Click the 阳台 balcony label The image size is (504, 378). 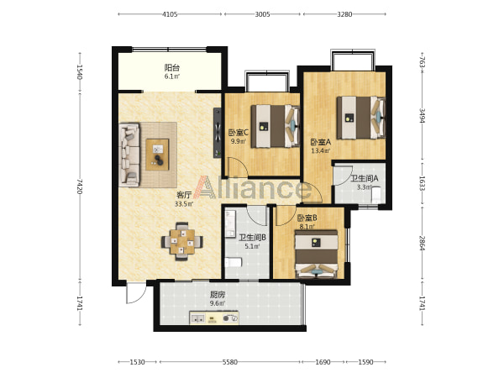click(172, 67)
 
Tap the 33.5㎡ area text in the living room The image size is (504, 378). click(184, 204)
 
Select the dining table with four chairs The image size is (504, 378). click(182, 241)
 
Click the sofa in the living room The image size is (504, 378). click(129, 155)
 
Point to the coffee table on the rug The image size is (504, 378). click(157, 155)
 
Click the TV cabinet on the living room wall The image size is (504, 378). click(218, 133)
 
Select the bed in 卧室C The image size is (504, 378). click(276, 126)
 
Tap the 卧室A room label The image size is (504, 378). click(321, 142)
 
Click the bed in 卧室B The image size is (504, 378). click(317, 254)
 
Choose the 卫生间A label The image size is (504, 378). click(364, 178)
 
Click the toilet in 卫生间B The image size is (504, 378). click(234, 262)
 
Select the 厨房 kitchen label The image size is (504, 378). click(218, 295)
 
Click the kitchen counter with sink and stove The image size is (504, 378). click(213, 318)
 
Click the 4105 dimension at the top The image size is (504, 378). click(170, 14)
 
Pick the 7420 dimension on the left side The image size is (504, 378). click(80, 186)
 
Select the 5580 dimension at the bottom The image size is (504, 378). click(230, 362)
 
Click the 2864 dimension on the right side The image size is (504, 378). click(422, 244)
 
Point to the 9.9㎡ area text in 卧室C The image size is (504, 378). click(238, 141)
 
